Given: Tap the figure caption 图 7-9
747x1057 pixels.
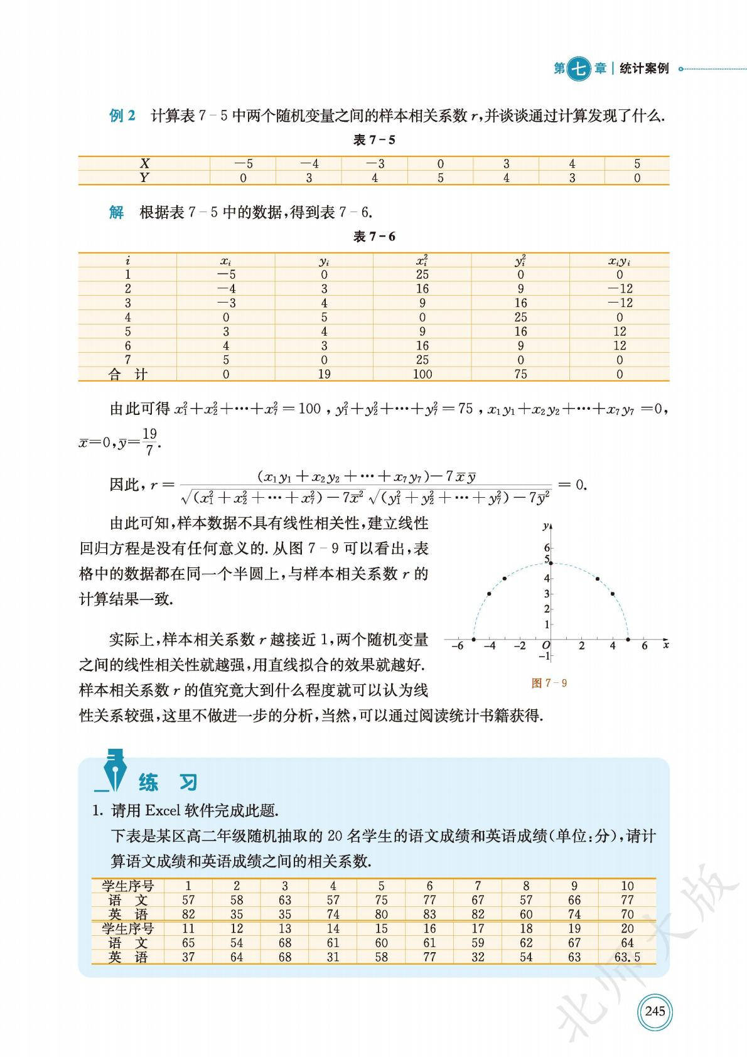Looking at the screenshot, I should (x=549, y=683).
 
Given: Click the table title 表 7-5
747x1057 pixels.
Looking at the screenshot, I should (x=374, y=140).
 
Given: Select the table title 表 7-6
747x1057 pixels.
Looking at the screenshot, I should (x=374, y=237).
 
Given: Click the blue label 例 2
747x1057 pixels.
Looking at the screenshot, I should (x=122, y=116).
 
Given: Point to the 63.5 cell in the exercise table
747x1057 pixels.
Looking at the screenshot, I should (x=627, y=957).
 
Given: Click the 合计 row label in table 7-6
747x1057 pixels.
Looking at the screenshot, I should (x=127, y=375).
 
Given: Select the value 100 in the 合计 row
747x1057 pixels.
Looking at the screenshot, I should (x=422, y=375).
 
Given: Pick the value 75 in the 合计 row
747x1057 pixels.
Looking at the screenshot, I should (x=520, y=375).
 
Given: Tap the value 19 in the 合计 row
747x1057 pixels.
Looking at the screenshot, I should (x=324, y=375).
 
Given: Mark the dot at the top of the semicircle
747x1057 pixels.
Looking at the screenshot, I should (x=551, y=563).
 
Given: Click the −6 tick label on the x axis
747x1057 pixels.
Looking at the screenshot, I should (x=458, y=646).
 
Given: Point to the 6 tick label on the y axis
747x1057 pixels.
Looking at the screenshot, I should (x=547, y=548).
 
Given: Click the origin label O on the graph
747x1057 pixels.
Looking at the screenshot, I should (x=545, y=646).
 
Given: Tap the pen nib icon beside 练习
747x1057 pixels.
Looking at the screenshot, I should (x=113, y=770).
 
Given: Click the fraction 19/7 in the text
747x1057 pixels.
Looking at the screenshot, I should (x=149, y=442).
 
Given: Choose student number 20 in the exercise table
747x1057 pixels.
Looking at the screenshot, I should (x=627, y=928).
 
